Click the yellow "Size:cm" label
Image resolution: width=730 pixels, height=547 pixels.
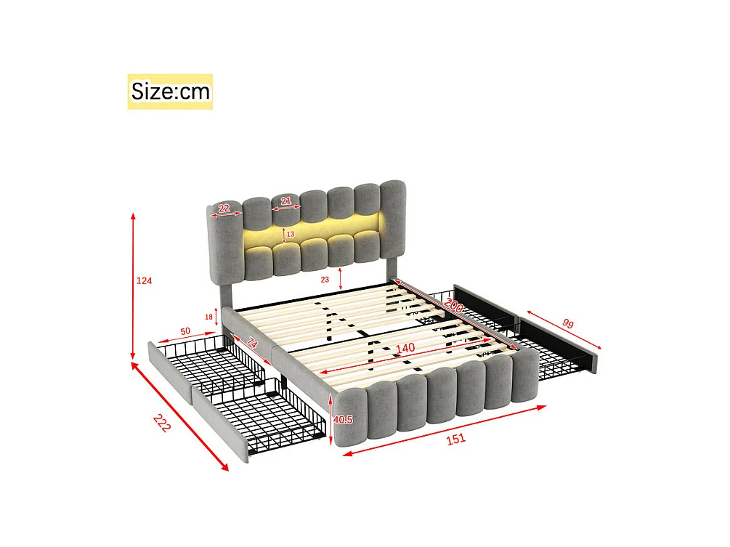170,92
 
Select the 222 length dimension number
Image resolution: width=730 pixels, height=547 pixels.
161,424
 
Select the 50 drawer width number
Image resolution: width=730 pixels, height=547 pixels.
186,331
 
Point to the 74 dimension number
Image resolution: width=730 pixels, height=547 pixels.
253,344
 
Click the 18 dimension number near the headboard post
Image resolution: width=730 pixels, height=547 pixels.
209,316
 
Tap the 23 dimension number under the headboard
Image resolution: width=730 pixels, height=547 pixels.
325,279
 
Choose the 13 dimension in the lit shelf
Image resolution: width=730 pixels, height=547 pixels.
290,234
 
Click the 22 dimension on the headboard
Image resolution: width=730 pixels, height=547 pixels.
224,209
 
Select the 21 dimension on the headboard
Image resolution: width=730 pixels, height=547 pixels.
286,200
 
